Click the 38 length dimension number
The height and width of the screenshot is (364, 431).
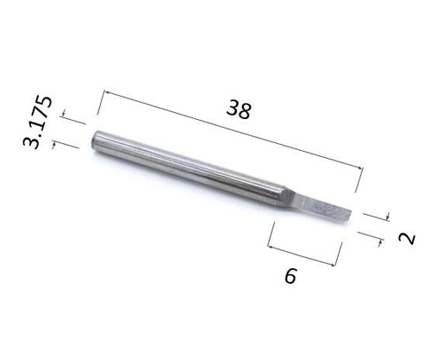(x=239, y=110)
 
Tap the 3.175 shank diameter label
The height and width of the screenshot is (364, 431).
(x=38, y=122)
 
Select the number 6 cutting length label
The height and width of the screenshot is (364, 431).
(x=290, y=276)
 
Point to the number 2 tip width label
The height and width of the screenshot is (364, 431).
(x=407, y=238)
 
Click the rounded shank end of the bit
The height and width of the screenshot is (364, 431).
(x=97, y=140)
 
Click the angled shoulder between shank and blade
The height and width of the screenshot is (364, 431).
(x=290, y=198)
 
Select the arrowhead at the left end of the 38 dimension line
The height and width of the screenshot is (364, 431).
(x=107, y=92)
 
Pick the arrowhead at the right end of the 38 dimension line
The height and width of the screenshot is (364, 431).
(x=359, y=167)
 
